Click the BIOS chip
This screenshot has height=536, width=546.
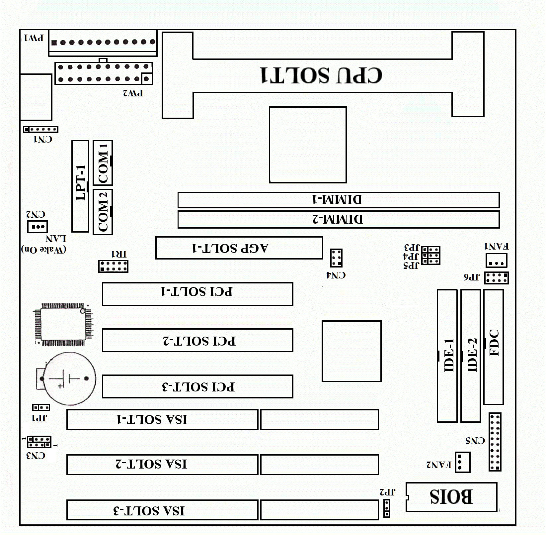[x=451, y=497]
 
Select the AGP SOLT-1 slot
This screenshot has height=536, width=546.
[x=239, y=248]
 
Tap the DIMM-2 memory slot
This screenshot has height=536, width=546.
[x=338, y=219]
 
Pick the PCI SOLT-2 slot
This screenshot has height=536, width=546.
[x=197, y=340]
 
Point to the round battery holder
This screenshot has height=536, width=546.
[x=70, y=378]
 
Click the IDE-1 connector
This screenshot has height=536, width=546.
[x=447, y=356]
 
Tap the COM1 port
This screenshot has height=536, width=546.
[x=103, y=163]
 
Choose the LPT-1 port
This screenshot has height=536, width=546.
[x=80, y=186]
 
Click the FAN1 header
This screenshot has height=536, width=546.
[x=496, y=260]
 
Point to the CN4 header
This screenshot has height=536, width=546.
[x=336, y=258]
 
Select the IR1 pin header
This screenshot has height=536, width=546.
[x=113, y=266]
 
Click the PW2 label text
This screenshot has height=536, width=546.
[x=133, y=93]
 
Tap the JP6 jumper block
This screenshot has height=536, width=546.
[x=496, y=278]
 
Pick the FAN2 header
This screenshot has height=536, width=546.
[x=462, y=462]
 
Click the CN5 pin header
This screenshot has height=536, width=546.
[x=495, y=442]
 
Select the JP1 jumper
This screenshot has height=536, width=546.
[x=41, y=407]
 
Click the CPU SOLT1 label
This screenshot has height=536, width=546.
[x=321, y=75]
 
